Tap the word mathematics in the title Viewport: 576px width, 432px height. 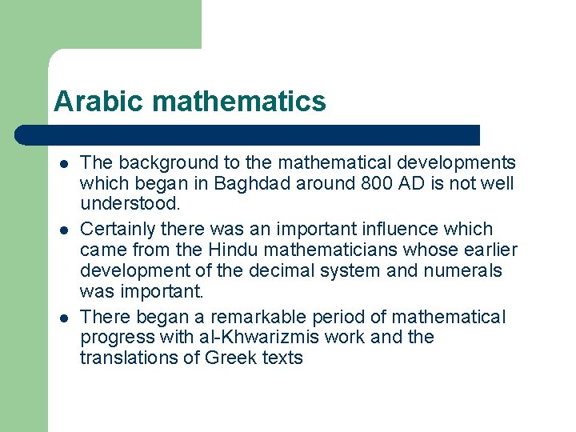pyautogui.click(x=238, y=102)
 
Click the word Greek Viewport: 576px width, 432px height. pyautogui.click(x=231, y=358)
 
